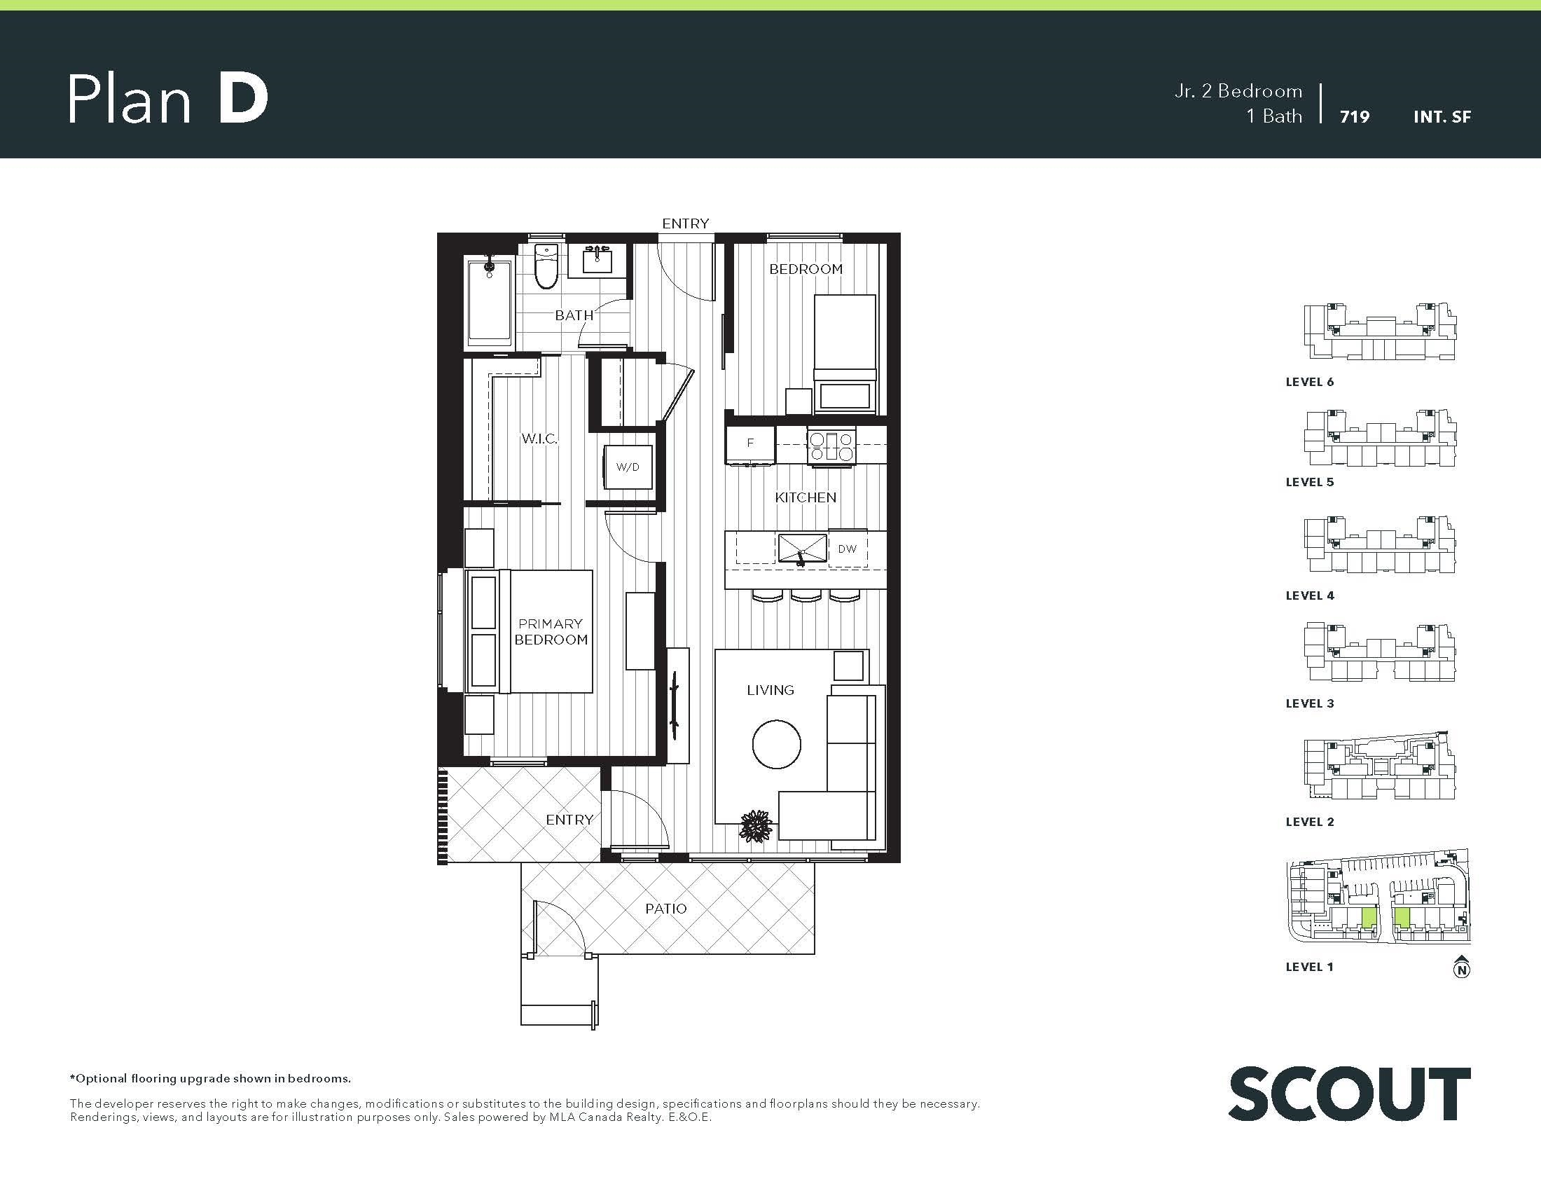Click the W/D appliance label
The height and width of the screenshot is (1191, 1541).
(628, 467)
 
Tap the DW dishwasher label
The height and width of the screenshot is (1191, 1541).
(847, 549)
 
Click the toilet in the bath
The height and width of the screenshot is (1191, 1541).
(546, 266)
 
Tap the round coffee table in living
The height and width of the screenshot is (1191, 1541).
(776, 743)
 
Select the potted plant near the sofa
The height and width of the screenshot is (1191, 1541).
(756, 825)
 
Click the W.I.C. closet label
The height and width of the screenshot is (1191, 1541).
(539, 439)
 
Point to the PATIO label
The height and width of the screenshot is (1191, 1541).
(665, 909)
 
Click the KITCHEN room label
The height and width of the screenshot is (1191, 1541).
(805, 497)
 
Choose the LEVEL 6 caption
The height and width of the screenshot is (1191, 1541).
(1310, 382)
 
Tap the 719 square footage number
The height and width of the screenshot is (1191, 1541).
(1354, 117)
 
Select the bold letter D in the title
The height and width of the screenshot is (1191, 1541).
(243, 99)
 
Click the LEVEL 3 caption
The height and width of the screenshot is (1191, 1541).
(1310, 703)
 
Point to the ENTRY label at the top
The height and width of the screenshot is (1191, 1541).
(685, 223)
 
